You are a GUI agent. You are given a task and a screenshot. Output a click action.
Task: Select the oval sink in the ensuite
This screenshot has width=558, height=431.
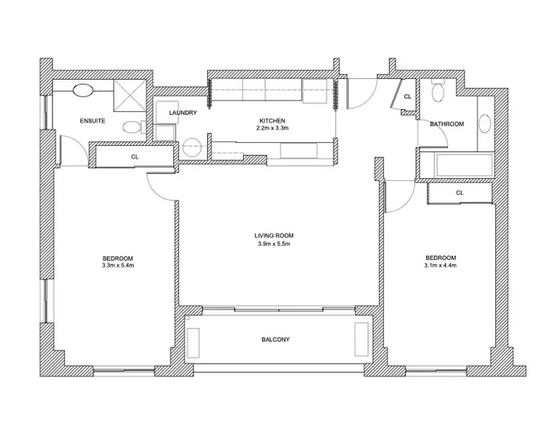83,91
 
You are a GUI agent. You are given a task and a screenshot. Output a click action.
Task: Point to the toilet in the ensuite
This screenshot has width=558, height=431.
131,129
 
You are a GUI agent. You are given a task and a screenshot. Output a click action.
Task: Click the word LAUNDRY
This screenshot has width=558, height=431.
183,113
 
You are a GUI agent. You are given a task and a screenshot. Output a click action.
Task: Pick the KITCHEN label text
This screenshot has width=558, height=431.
272,120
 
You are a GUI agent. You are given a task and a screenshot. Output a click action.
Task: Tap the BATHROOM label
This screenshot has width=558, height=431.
447,124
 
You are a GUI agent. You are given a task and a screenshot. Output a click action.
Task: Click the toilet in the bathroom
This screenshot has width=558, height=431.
438,93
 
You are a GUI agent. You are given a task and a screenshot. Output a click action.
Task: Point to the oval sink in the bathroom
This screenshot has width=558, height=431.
484,123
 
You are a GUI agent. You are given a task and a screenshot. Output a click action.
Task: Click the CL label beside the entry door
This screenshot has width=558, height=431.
408,96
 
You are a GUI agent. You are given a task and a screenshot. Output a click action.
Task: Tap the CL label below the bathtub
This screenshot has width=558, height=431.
459,193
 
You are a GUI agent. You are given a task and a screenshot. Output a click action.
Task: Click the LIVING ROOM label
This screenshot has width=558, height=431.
274,236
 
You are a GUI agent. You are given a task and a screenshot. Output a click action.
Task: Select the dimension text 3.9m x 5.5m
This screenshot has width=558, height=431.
274,244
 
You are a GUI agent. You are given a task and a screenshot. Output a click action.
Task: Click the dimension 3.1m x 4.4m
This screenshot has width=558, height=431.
440,266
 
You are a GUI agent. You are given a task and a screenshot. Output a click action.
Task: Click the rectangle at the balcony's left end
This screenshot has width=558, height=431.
193,340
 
